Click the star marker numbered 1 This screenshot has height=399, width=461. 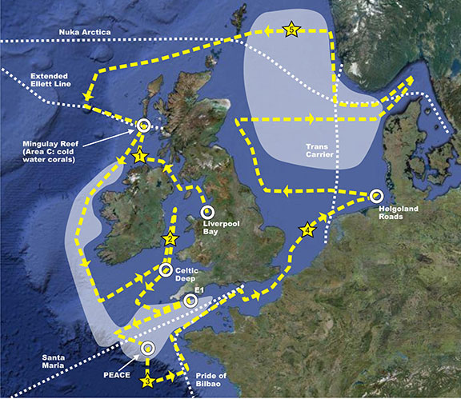point(139,156)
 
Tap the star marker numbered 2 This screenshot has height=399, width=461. point(170,238)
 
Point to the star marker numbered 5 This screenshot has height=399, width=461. point(291,30)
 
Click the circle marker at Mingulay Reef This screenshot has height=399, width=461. point(144,125)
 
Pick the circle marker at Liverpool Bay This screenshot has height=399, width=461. point(206,213)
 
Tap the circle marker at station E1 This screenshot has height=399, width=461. point(190,301)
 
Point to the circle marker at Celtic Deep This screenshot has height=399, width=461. point(166,270)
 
